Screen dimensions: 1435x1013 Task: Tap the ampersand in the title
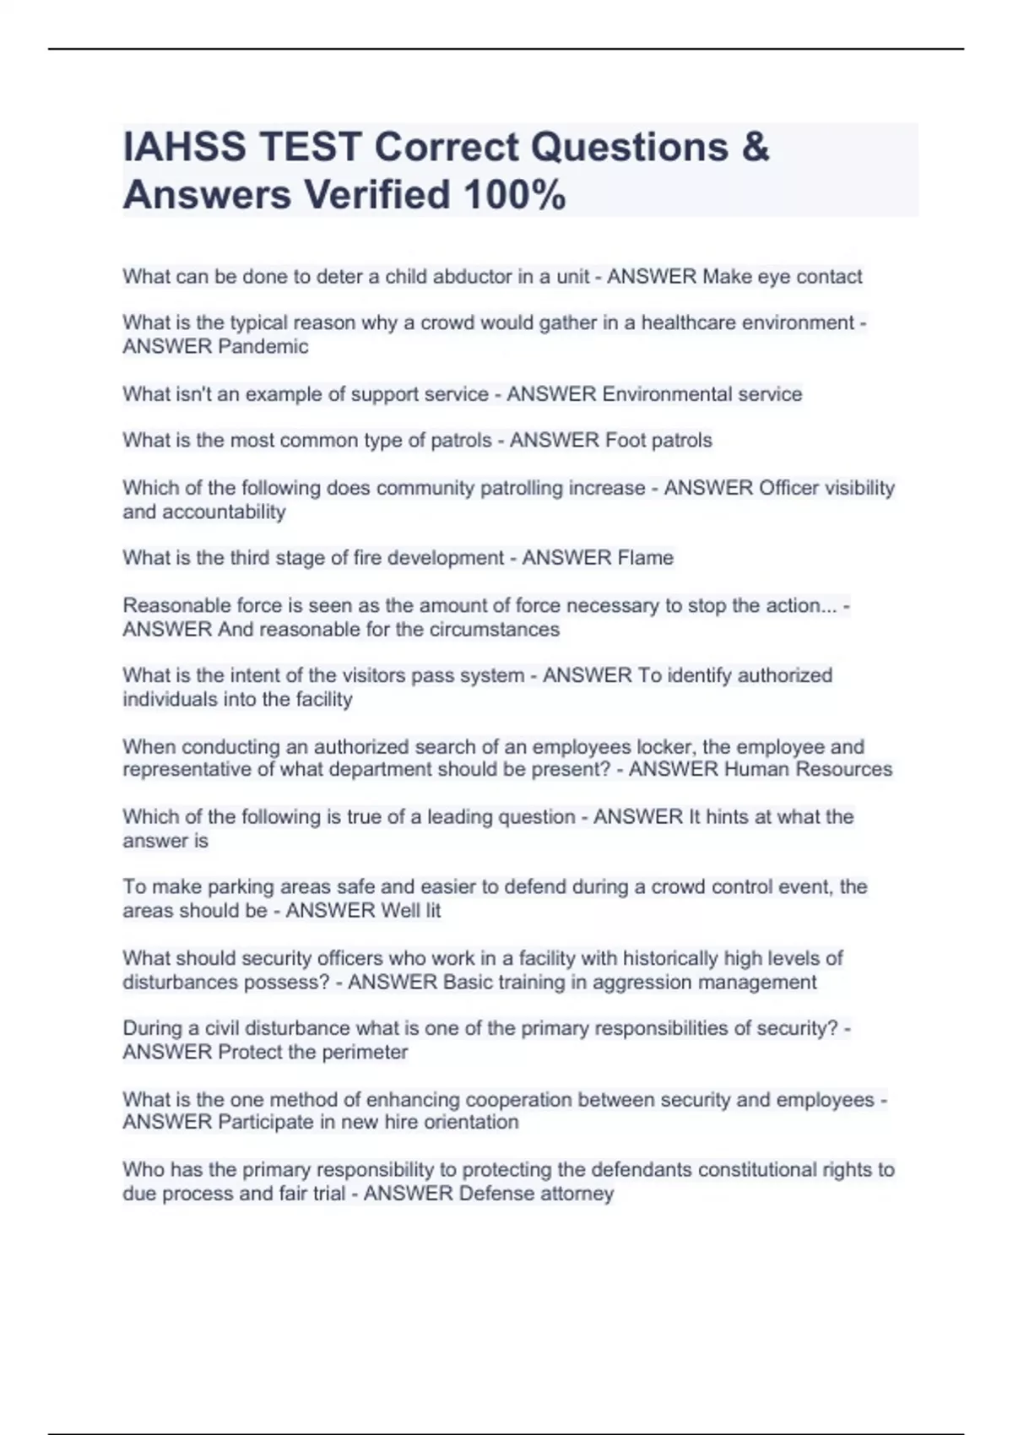[756, 147]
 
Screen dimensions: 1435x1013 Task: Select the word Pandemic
[263, 347]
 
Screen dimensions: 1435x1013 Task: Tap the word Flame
[645, 558]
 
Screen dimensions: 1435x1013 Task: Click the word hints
[730, 817]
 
